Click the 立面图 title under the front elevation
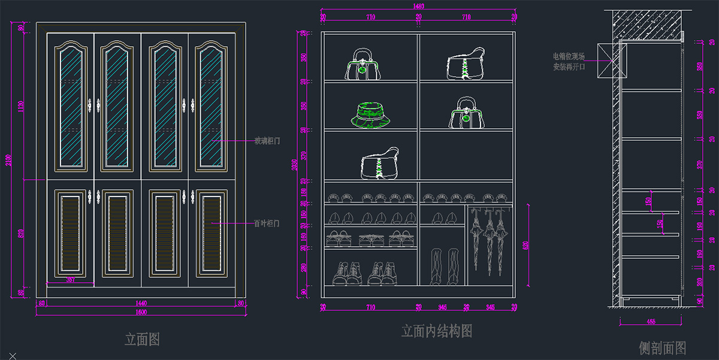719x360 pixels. (x=142, y=340)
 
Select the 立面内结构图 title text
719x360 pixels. (x=436, y=331)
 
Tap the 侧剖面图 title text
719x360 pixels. (x=662, y=347)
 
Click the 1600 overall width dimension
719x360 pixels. (x=141, y=312)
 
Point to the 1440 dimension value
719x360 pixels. (x=141, y=304)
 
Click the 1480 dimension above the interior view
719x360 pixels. (x=419, y=6)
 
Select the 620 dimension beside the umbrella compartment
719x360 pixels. (x=526, y=246)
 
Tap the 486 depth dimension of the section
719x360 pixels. (x=651, y=322)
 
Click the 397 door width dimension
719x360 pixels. (x=70, y=280)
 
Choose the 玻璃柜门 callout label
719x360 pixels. (x=267, y=141)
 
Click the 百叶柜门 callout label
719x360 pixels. (x=267, y=223)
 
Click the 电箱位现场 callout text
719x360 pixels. (x=569, y=56)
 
